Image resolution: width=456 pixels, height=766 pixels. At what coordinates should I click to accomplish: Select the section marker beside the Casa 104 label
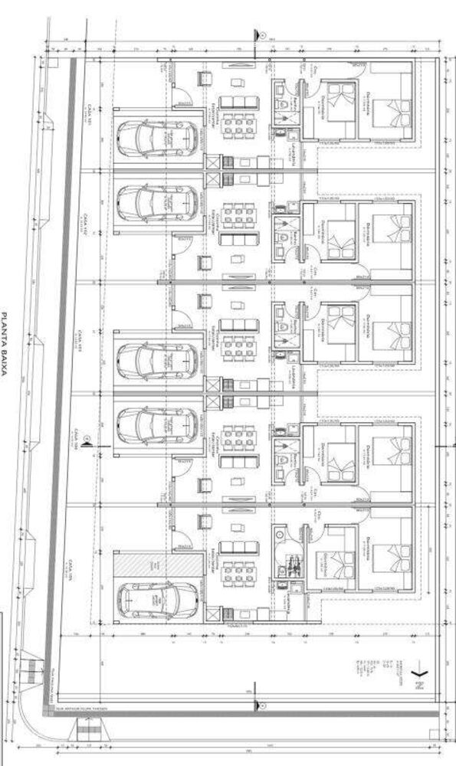pyautogui.click(x=88, y=439)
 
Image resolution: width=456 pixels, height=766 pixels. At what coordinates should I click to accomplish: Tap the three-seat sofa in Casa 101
pyautogui.click(x=235, y=102)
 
